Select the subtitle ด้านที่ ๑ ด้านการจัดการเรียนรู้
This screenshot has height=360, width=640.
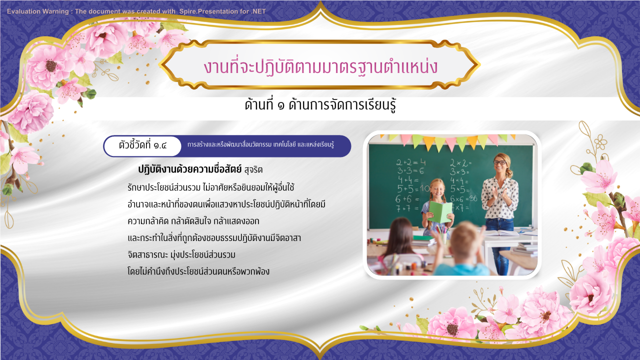click(320, 105)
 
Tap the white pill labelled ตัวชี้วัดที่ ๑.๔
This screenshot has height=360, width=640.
click(142, 146)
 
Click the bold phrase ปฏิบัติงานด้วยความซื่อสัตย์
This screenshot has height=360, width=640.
click(189, 169)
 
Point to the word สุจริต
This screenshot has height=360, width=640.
click(253, 170)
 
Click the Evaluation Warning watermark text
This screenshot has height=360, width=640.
click(136, 11)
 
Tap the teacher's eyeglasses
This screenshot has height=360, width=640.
click(499, 162)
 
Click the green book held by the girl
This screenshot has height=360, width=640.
click(439, 212)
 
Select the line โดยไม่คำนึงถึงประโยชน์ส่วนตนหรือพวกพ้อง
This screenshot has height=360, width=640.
click(198, 271)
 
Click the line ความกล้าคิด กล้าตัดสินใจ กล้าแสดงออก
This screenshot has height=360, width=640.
click(193, 221)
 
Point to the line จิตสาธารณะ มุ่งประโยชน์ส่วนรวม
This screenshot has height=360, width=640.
click(181, 254)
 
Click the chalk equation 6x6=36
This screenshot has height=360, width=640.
click(463, 198)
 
